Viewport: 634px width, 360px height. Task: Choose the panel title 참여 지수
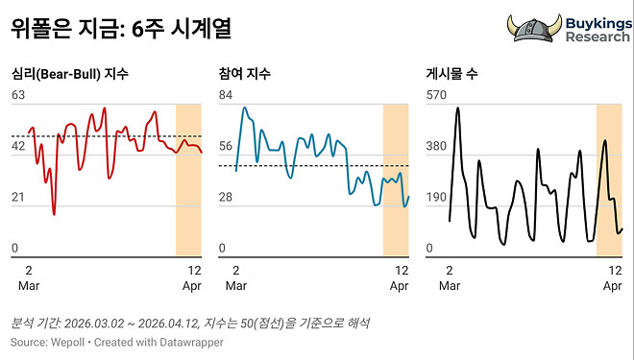(x=246, y=74)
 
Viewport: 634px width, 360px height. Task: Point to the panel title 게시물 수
(x=451, y=74)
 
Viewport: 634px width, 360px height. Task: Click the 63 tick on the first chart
(x=18, y=94)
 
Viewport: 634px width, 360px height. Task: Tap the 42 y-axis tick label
(x=18, y=146)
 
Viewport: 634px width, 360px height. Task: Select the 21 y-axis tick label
(x=18, y=198)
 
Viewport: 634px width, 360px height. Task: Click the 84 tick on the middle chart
(x=227, y=94)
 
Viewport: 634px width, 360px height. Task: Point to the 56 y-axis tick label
(x=227, y=146)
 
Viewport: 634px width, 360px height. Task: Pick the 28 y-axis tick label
(x=227, y=198)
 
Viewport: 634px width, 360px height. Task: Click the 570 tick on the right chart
(x=437, y=94)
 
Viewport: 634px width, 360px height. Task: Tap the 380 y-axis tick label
(x=437, y=146)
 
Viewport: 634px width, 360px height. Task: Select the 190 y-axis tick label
(x=437, y=198)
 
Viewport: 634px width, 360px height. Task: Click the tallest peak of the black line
(x=457, y=108)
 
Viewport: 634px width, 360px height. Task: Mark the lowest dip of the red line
(x=54, y=213)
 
